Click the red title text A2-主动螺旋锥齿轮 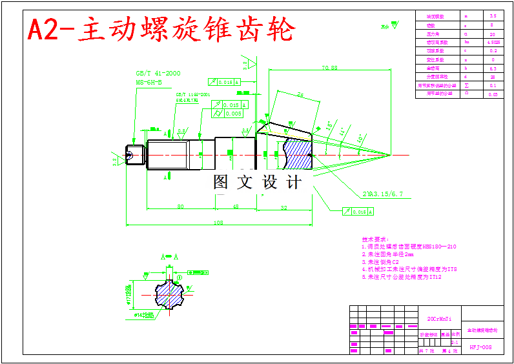tap(161, 29)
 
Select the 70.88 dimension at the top tap(329, 67)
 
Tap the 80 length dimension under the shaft tap(180, 207)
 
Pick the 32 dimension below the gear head tap(283, 207)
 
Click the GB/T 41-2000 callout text tap(158, 74)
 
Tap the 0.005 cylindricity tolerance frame tap(233, 114)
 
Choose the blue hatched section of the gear tap(298, 156)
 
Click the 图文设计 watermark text tap(258, 183)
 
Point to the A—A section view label tap(169, 257)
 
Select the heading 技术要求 tap(375, 238)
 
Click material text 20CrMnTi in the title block tap(439, 319)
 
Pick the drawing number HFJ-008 tap(480, 347)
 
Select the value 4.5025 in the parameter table tap(493, 42)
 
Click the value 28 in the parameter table tap(493, 76)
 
